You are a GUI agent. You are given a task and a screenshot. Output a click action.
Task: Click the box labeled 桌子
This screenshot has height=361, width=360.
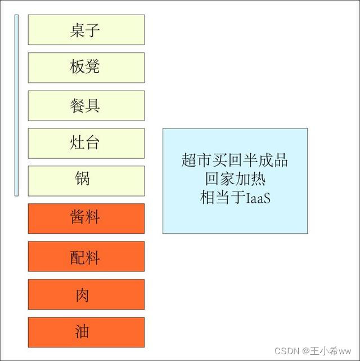(86, 30)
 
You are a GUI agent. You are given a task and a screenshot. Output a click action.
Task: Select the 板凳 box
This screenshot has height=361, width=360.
(86, 68)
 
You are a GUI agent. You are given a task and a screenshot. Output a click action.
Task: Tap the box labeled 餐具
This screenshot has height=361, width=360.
(86, 105)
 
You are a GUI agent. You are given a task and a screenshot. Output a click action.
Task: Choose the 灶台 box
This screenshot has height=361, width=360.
(86, 143)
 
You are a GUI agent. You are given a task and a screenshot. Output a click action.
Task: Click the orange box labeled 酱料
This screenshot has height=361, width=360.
(86, 218)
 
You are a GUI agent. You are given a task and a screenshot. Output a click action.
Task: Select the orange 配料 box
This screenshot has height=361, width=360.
(86, 256)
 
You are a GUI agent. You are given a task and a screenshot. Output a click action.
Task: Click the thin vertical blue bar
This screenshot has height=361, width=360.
(16, 105)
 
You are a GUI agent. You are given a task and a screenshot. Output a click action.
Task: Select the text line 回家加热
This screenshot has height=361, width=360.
(235, 179)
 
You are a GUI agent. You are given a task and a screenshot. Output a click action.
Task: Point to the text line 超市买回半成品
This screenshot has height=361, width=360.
(235, 160)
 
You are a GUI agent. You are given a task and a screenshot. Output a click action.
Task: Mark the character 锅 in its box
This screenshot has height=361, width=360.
(83, 180)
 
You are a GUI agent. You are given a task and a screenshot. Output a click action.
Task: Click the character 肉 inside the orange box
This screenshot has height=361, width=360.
(83, 295)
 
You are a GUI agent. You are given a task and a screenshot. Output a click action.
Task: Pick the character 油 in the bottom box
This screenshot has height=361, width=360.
(83, 332)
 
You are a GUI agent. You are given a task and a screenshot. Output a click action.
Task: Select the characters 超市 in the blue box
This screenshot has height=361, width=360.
(195, 160)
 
